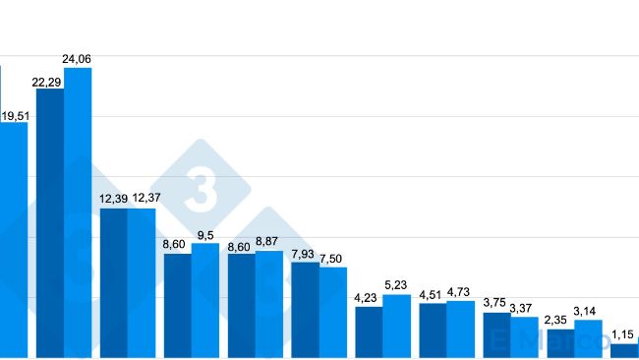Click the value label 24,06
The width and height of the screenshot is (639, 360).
pos(77,59)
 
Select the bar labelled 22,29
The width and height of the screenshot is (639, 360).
pos(50,222)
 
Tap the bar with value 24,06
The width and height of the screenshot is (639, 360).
pos(78,211)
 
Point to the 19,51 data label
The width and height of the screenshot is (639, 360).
pos(15,116)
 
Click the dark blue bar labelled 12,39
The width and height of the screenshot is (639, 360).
pos(114,282)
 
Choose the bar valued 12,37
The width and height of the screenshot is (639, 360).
pos(142,282)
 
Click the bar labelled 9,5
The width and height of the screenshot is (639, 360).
pos(205,300)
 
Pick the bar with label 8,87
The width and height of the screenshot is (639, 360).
pos(269,303)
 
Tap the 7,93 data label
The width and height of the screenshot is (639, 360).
pos(304,255)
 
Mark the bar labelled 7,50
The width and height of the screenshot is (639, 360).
pos(333,312)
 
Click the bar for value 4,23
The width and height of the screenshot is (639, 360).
pos(369,331)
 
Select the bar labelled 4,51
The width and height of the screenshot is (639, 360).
pos(433,330)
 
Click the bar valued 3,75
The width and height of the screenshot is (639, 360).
pos(496,334)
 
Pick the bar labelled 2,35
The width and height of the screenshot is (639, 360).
pos(560,342)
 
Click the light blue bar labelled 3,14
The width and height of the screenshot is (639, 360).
pos(588,338)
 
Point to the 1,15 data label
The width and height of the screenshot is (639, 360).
pos(623,334)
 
